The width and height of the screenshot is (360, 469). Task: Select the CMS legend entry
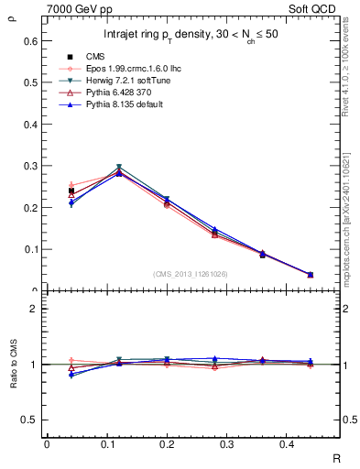pos(96,57)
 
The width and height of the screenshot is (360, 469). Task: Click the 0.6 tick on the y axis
pos(30,41)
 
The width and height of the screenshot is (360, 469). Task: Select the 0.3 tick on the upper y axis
pos(30,166)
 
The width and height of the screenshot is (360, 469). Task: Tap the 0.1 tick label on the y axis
pos(30,249)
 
